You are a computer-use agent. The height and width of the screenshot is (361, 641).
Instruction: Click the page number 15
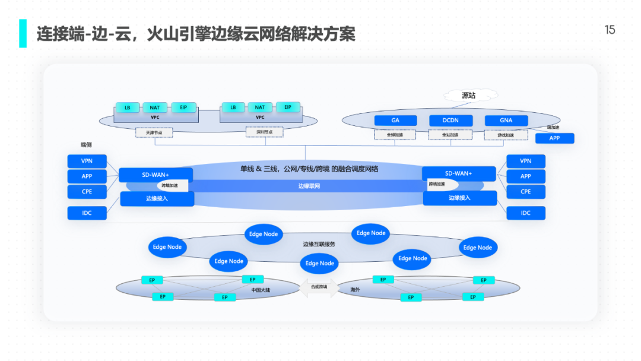(x=610, y=30)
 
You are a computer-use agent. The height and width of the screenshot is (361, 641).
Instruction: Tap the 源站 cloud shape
(x=469, y=95)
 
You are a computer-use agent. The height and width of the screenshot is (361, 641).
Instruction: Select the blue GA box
(x=395, y=121)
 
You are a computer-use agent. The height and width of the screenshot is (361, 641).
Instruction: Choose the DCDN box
(x=451, y=121)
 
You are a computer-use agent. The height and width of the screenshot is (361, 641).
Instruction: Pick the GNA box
(x=506, y=121)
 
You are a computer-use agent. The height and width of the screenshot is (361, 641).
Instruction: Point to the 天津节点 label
(x=154, y=133)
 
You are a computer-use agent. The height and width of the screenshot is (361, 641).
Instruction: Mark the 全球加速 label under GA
(x=395, y=135)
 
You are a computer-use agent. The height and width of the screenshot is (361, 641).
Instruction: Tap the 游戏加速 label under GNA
(x=506, y=135)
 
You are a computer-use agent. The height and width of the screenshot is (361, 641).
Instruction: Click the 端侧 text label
(x=86, y=145)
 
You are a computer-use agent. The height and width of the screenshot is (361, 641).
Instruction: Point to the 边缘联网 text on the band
(x=309, y=186)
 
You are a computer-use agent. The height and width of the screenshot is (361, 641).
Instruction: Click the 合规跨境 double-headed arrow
(x=319, y=287)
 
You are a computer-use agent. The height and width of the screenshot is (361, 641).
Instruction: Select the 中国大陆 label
(x=261, y=290)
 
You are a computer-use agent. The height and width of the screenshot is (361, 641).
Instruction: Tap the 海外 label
(x=355, y=290)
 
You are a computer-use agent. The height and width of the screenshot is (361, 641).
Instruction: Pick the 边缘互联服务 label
(x=319, y=244)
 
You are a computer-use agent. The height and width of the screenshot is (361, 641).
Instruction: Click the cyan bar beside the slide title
(x=23, y=33)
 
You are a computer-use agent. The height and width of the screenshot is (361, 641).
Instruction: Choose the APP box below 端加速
(x=554, y=138)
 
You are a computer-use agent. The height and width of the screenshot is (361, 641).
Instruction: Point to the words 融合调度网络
(x=357, y=169)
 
